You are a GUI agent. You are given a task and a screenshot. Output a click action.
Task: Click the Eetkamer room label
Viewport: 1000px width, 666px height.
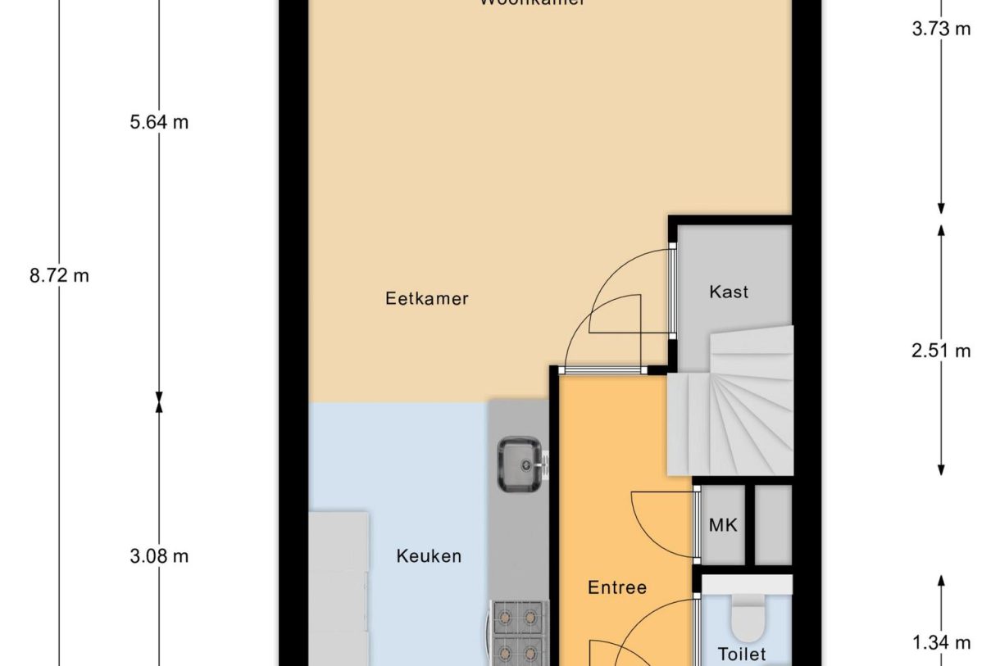pyautogui.click(x=426, y=298)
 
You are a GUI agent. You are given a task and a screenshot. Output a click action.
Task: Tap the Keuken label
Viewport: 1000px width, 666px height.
pyautogui.click(x=429, y=556)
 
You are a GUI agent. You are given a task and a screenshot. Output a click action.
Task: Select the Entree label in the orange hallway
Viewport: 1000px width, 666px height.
pyautogui.click(x=617, y=587)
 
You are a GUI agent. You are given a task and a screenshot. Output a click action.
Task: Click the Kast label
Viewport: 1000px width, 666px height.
pyautogui.click(x=729, y=292)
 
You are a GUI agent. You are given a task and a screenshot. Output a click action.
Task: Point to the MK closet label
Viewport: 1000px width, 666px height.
pyautogui.click(x=723, y=525)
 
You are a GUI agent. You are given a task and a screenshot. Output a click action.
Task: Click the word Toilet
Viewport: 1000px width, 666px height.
pyautogui.click(x=742, y=654)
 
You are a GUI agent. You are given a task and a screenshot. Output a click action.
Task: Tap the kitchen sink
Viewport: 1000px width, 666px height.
pyautogui.click(x=520, y=464)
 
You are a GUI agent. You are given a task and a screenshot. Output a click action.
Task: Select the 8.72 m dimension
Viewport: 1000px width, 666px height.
pyautogui.click(x=59, y=275)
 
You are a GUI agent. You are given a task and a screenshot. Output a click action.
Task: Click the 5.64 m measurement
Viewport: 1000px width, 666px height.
pyautogui.click(x=159, y=123)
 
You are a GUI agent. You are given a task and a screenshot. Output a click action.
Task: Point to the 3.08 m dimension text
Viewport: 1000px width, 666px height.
pyautogui.click(x=159, y=556)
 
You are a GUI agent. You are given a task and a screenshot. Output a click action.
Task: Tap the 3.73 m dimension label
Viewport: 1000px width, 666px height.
pyautogui.click(x=941, y=29)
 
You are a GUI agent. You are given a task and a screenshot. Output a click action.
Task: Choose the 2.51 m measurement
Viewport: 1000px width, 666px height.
pyautogui.click(x=941, y=351)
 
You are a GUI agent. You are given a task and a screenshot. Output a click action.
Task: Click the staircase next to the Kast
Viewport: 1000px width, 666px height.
pyautogui.click(x=730, y=410)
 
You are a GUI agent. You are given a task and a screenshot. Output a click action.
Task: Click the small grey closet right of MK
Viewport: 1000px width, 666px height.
pyautogui.click(x=773, y=524)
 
